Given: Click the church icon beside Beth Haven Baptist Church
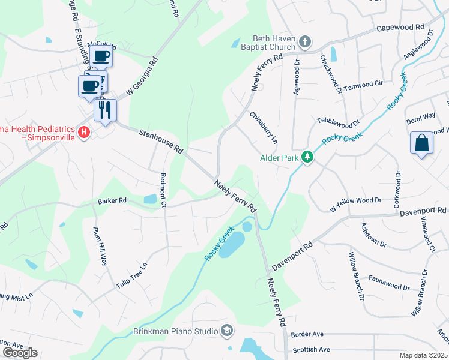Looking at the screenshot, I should point(305,42).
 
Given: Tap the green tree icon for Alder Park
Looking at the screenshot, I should point(307,157).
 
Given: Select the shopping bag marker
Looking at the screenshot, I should point(421,143).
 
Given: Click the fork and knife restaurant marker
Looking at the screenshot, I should point(106,110).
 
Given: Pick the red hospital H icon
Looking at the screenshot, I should point(85,131).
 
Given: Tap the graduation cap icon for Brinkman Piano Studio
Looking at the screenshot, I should point(227,330).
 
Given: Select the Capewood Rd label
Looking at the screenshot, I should point(400,28).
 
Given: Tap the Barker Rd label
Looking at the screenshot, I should point(112,200).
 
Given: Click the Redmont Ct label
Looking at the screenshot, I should point(163,190).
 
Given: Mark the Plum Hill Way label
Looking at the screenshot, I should point(100,247).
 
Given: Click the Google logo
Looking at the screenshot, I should point(20,353).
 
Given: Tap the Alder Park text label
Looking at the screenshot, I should point(279,158).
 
